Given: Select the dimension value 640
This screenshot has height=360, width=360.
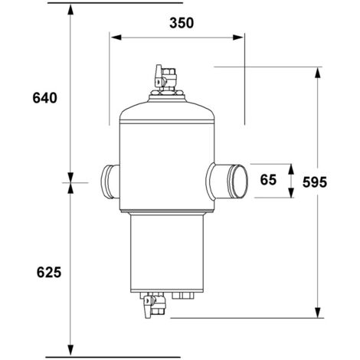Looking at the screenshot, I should tap(45, 98).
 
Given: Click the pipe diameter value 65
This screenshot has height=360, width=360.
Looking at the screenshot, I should tap(267, 181).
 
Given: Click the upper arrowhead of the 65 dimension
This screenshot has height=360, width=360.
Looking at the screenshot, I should tap(290, 168).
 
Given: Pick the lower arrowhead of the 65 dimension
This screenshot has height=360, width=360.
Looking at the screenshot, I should tap(290, 194).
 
